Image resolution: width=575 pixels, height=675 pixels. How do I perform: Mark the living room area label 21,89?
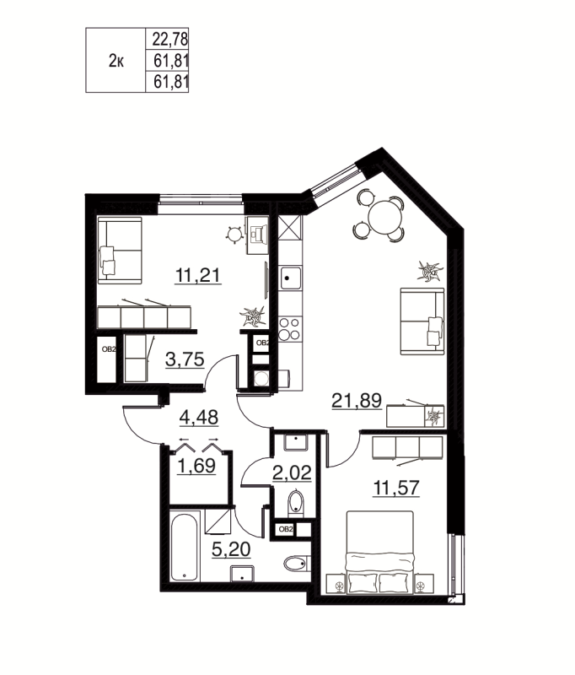point(353,402)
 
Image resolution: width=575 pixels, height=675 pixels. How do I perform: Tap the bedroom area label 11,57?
point(395,486)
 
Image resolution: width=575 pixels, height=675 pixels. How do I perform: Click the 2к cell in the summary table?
point(117,61)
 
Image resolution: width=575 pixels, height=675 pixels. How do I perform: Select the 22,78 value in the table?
point(169,38)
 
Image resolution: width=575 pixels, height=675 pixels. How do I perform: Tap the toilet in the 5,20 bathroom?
point(296,564)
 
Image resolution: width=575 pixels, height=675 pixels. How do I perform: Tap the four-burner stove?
point(289,327)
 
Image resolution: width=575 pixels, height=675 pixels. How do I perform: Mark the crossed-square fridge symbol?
point(289,228)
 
